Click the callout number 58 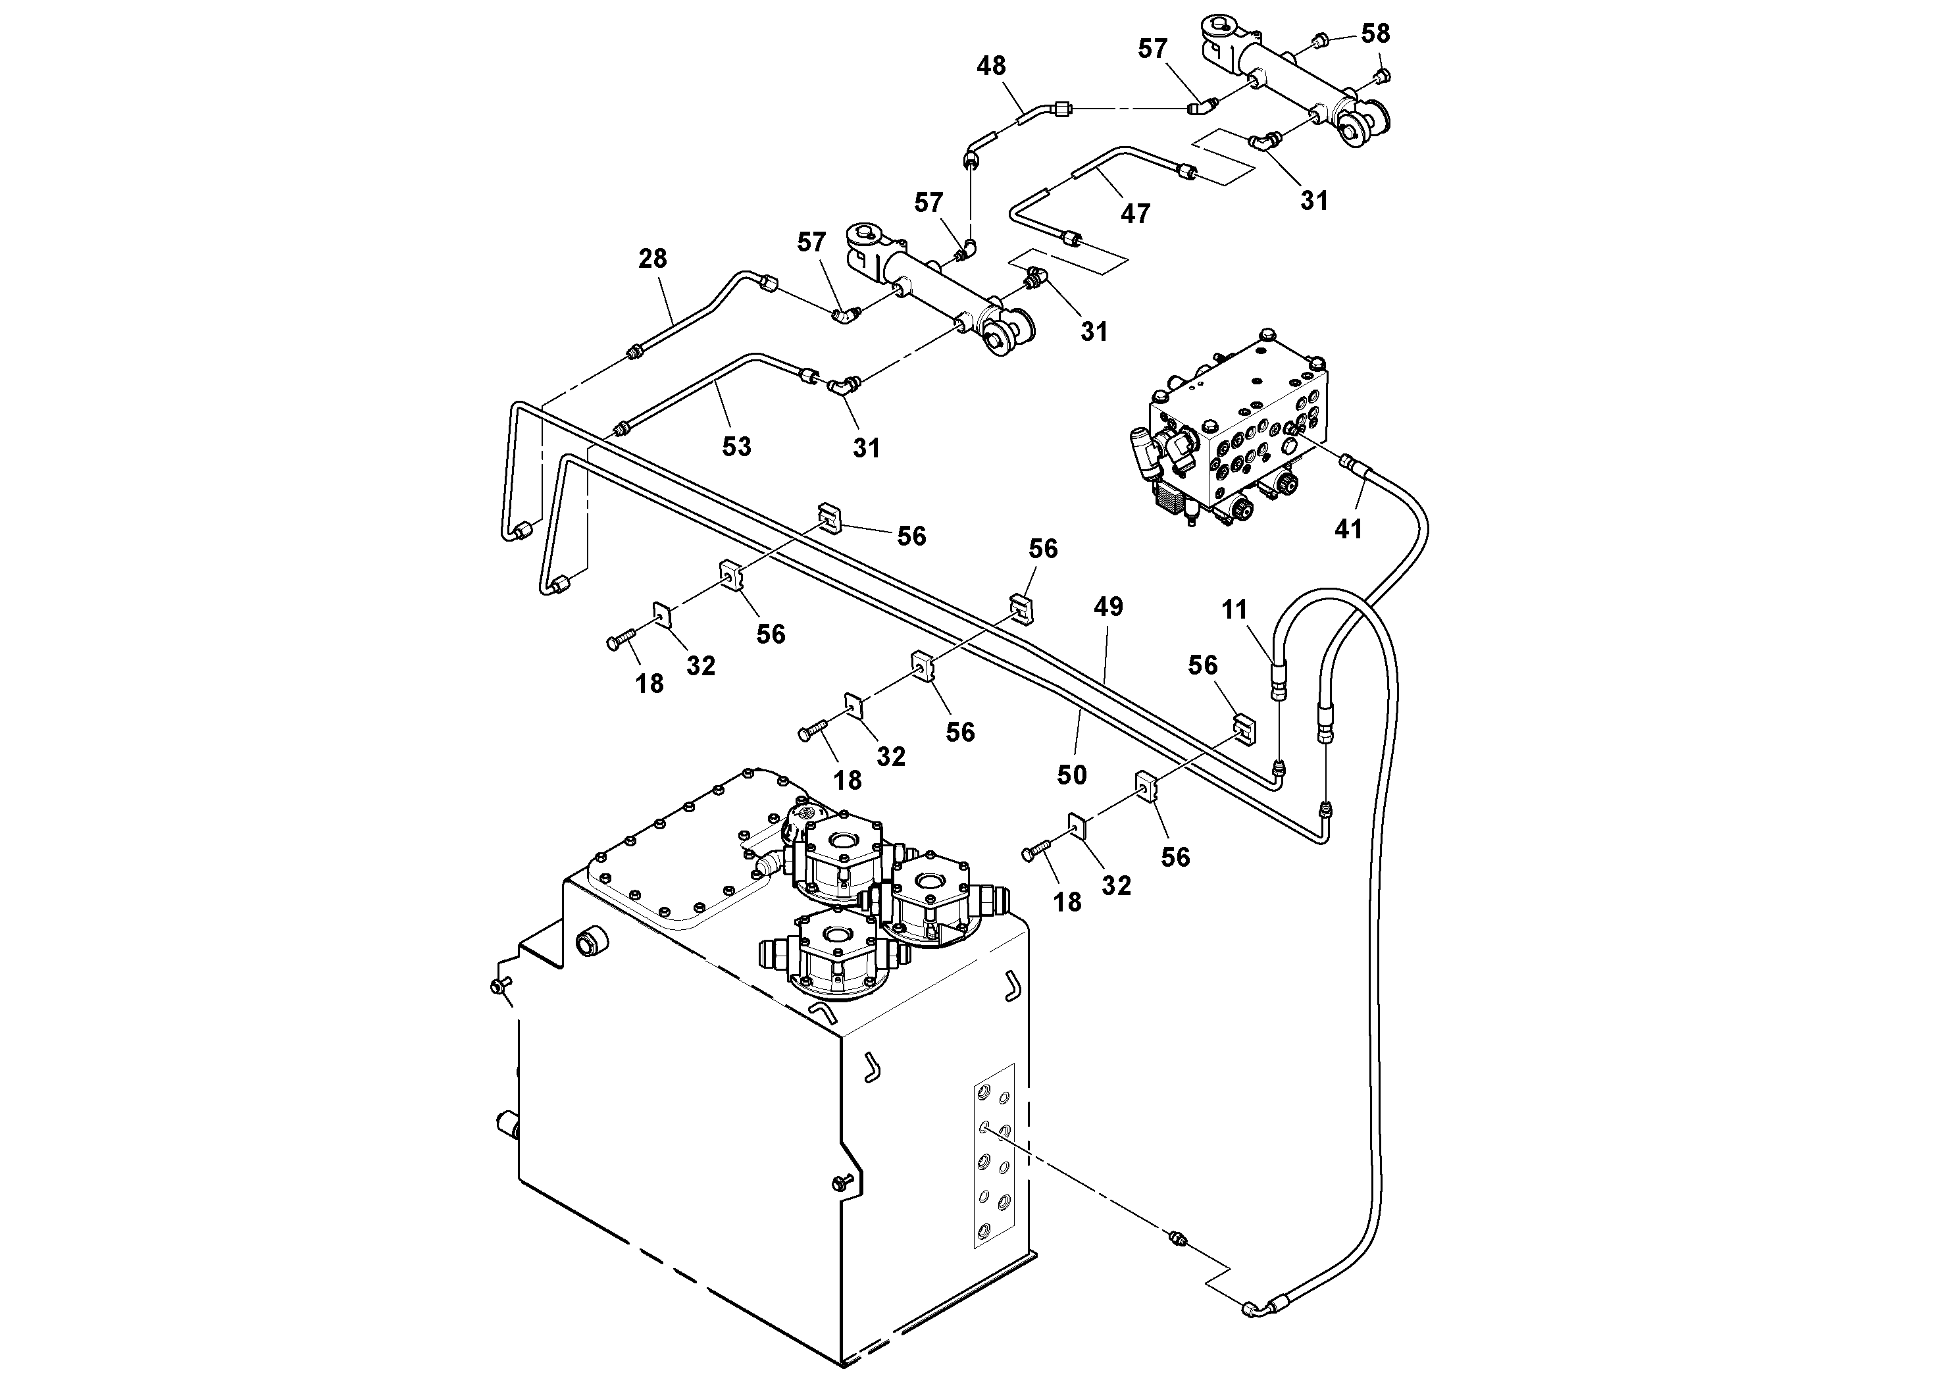tap(1375, 34)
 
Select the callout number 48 tap(990, 66)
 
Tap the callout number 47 tap(1134, 213)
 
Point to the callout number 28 tap(653, 259)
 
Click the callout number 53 tap(736, 446)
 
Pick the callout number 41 tap(1348, 530)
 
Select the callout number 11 tap(1234, 609)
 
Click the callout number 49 tap(1108, 607)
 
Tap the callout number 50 tap(1072, 775)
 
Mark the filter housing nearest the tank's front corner tap(836, 956)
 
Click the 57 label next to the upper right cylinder tap(1152, 49)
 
